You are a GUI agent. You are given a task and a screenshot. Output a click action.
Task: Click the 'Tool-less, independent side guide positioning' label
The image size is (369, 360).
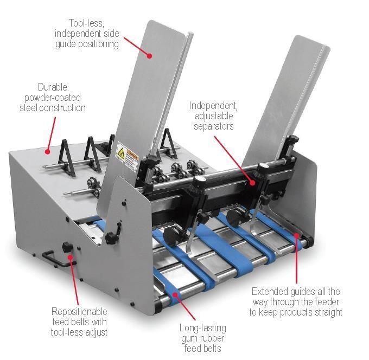point(86,34)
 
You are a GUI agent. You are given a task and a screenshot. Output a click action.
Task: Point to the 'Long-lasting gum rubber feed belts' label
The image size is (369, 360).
point(202,338)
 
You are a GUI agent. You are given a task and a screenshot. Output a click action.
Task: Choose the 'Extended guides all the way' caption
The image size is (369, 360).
point(296,301)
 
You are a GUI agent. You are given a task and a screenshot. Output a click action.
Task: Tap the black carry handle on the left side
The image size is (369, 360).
point(57,258)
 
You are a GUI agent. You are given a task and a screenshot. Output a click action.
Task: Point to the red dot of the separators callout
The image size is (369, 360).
point(252,183)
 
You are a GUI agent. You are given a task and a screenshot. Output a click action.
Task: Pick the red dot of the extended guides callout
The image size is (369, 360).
point(296,235)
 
